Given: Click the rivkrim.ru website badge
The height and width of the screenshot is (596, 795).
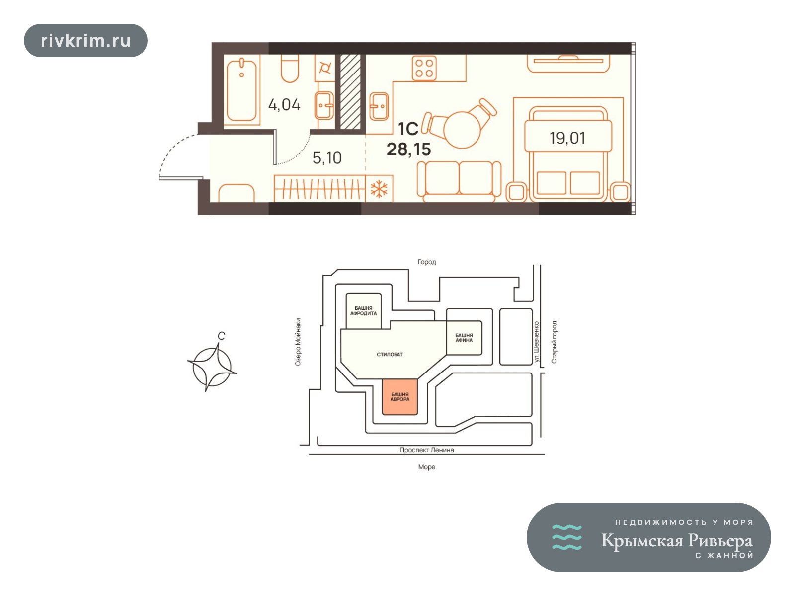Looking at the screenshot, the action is [x=85, y=41].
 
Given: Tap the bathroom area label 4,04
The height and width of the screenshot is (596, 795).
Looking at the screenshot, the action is [x=284, y=105].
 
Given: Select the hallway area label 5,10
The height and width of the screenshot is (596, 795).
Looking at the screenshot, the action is [x=326, y=158].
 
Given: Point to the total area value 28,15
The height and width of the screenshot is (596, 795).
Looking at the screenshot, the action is [x=408, y=149].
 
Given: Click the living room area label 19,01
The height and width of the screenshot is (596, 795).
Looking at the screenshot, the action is [x=567, y=138].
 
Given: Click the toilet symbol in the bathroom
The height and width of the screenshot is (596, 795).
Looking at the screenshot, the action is [x=290, y=69].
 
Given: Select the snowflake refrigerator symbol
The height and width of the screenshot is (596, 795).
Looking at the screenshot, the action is [x=379, y=189].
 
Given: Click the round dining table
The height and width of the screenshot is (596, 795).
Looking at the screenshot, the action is [x=462, y=129].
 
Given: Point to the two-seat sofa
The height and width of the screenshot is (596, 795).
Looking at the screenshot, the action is [x=459, y=182].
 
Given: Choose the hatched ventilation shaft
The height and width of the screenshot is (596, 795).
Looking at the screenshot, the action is [x=350, y=92].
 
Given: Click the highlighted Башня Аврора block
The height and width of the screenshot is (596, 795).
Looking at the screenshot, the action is [x=400, y=397].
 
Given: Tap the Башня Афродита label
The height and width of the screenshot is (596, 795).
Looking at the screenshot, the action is [x=363, y=311].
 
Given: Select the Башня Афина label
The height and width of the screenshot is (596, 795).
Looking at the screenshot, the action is [x=464, y=338].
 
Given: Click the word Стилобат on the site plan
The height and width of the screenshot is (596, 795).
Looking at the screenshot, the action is [x=390, y=354].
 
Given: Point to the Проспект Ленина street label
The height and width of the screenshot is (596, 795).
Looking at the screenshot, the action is [x=427, y=450].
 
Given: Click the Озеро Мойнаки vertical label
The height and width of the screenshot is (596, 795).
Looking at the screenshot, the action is [x=298, y=342].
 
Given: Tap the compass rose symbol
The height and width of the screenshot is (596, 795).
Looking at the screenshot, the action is [x=212, y=367].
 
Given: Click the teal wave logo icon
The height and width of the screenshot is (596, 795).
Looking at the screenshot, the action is [x=567, y=537].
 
